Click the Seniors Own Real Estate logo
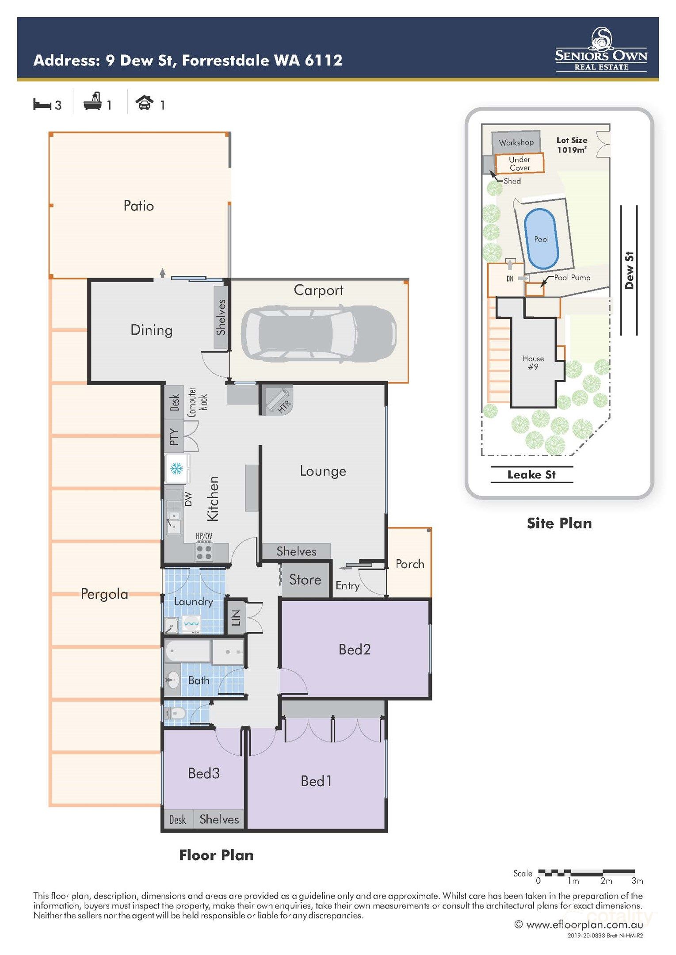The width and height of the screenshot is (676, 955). (601, 50)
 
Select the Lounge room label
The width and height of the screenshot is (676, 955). (323, 471)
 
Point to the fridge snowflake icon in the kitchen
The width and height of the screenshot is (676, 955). (176, 468)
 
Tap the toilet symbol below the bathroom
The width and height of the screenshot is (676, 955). (175, 713)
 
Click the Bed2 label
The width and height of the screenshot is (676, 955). (354, 649)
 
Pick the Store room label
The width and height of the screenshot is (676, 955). (305, 580)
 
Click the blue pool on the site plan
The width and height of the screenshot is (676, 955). (541, 239)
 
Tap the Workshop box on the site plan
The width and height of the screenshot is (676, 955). (516, 142)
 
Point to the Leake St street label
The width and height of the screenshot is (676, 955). (531, 474)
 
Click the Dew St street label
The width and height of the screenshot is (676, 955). (629, 270)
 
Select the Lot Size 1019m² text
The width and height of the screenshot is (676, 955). (572, 145)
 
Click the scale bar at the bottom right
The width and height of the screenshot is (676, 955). (586, 873)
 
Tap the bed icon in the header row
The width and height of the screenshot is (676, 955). (42, 105)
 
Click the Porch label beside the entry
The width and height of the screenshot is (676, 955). (410, 564)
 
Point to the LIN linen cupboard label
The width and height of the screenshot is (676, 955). (236, 618)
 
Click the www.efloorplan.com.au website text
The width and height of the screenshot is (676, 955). (584, 924)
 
